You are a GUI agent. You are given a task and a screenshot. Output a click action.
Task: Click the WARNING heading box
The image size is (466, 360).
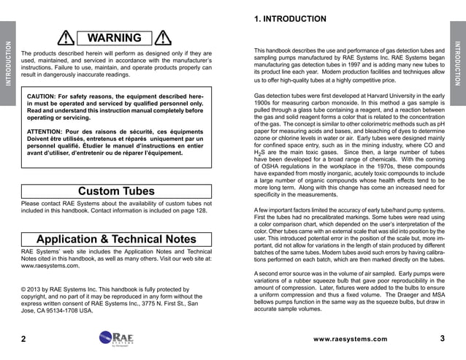(x=114, y=38)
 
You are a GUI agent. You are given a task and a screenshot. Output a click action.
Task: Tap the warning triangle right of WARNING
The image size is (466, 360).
(x=164, y=39)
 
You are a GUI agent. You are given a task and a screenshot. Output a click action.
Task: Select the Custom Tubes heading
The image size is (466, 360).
(x=115, y=191)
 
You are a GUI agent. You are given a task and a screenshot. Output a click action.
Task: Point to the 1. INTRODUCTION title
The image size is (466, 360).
(x=290, y=19)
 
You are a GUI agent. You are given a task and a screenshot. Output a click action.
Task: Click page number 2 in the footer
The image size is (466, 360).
(x=24, y=339)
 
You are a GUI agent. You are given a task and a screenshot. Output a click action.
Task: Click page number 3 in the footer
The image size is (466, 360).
(x=443, y=338)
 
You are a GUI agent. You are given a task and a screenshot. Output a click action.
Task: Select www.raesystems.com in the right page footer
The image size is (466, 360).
(x=350, y=339)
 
